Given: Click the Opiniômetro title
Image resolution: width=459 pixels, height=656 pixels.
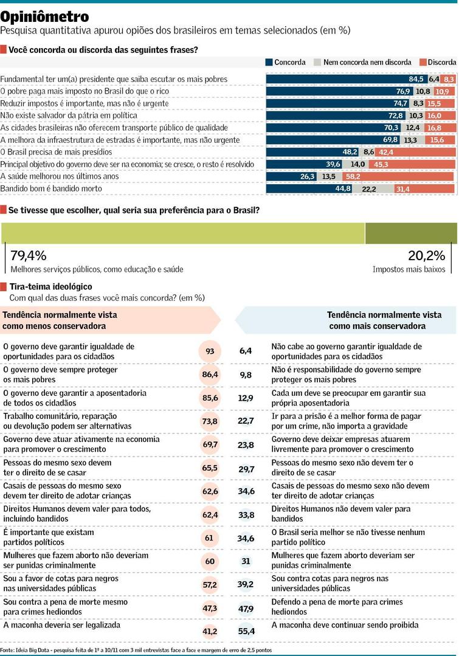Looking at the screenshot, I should pos(45,16).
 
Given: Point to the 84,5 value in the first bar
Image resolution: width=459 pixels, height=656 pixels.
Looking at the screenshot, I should pos(416,79).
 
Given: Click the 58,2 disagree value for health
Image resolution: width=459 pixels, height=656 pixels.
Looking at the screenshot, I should pos(353,176).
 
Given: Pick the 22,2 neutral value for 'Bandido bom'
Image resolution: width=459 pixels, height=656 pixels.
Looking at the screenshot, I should pos(369,189).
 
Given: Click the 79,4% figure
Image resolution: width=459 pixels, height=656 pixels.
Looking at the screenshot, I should pos(29,255).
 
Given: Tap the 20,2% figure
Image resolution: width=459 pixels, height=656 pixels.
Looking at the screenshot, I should pos(427,255).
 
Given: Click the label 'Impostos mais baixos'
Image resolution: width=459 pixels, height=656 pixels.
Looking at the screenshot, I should pos(409,269).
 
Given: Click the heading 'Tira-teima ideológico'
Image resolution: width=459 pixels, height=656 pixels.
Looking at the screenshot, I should pos(51,286).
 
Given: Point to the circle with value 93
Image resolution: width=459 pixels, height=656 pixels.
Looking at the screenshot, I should pos(210,351).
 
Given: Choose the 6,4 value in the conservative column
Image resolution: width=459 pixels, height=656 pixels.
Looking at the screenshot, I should pos(246,351).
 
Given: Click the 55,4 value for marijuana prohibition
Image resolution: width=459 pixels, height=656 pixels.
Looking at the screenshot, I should pos(246,632).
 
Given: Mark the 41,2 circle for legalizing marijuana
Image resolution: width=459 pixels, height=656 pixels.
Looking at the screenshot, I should pos(210,632).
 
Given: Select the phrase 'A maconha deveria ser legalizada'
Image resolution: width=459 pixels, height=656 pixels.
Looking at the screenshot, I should pos(62,625).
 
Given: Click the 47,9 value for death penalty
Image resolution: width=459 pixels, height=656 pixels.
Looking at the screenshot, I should pos(246,608).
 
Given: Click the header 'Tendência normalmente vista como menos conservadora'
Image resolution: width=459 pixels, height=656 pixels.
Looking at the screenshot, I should pos(61,320).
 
